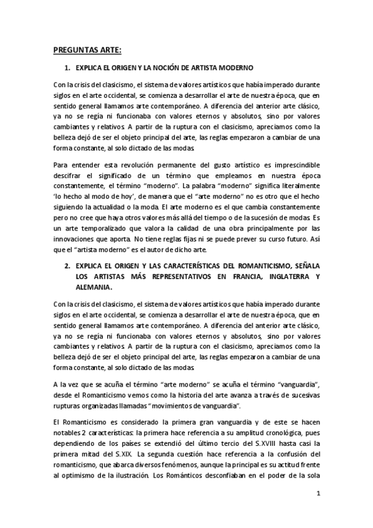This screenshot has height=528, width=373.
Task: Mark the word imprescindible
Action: coord(292,166)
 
